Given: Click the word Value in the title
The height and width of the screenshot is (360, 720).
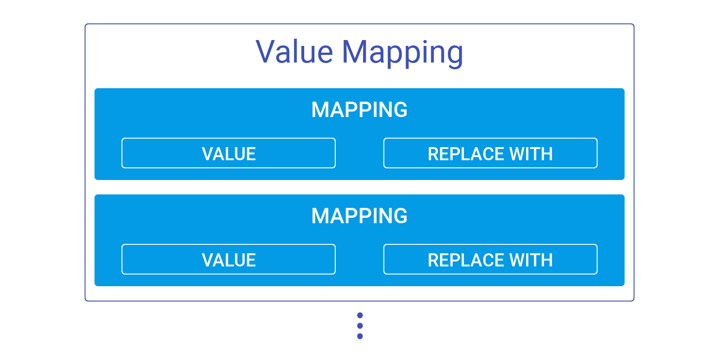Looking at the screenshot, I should [294, 52].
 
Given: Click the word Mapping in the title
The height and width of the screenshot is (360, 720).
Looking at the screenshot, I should [402, 53].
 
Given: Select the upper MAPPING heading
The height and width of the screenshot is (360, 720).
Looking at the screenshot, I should [359, 110].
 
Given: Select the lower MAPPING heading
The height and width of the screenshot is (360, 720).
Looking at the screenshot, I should [359, 216].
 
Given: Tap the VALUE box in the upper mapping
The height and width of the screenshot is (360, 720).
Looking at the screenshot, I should [229, 153].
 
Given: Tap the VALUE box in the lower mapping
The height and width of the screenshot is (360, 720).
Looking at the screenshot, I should [229, 260].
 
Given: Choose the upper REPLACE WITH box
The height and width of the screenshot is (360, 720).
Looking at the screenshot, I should [490, 153].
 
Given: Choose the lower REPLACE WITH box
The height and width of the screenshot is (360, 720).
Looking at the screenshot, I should [490, 260].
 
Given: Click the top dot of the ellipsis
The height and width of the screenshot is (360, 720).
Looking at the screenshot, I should [360, 315].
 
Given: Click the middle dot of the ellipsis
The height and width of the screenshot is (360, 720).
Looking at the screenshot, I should [360, 326].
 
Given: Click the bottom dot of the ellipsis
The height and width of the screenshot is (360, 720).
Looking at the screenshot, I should [360, 336].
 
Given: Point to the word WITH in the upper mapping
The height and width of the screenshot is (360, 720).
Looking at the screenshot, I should [531, 154].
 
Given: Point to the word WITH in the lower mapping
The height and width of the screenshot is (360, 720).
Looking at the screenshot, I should [531, 260].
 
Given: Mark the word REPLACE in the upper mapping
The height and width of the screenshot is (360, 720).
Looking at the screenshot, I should [466, 154].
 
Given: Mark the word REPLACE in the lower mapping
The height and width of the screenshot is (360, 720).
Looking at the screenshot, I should [466, 260].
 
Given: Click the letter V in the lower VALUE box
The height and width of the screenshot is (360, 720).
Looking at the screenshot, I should [207, 260].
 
